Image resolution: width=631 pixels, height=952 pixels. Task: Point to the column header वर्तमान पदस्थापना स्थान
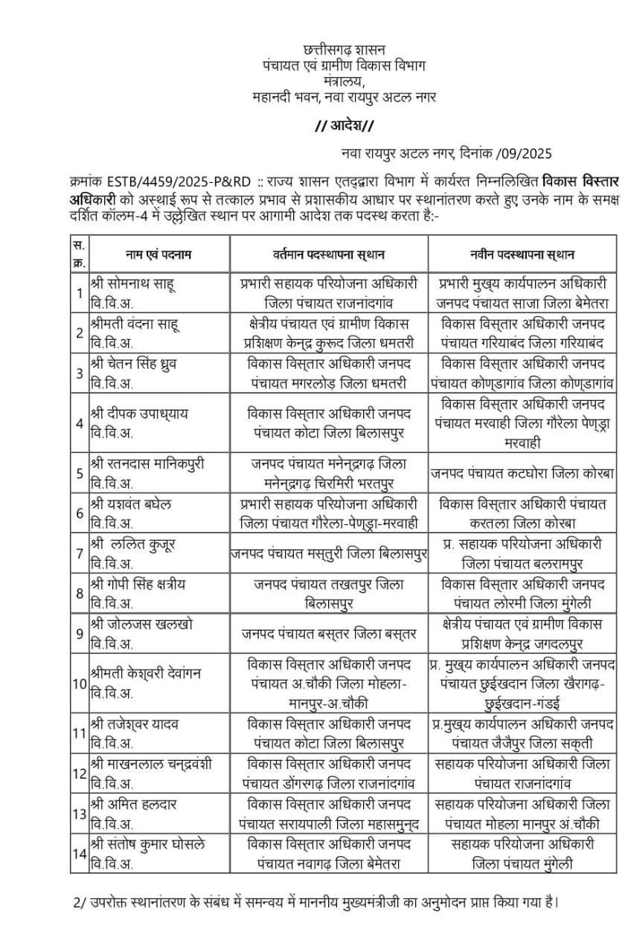(328, 254)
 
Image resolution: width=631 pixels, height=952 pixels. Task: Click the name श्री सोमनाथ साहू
(132, 283)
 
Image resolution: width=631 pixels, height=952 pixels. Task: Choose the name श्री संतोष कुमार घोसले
(147, 843)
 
